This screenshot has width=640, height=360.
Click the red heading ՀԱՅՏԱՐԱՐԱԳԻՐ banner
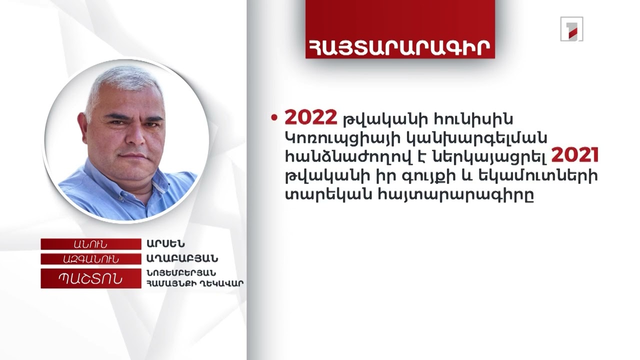pyautogui.click(x=400, y=45)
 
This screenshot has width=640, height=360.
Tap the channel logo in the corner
pyautogui.click(x=571, y=29)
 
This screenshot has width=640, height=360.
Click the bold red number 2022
pyautogui.click(x=311, y=117)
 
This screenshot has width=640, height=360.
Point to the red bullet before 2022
pyautogui.click(x=274, y=118)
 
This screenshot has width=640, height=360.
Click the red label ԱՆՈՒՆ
pyautogui.click(x=90, y=244)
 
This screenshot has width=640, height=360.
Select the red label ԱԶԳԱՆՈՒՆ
pyautogui.click(x=90, y=259)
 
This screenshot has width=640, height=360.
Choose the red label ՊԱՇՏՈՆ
pyautogui.click(x=90, y=278)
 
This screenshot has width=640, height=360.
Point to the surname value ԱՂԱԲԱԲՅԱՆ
pyautogui.click(x=182, y=259)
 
